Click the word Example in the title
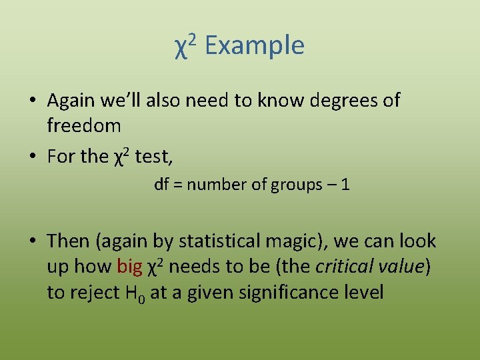[x=255, y=46]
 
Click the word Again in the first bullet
[x=73, y=101]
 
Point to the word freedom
[x=84, y=125]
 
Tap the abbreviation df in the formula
[x=161, y=185]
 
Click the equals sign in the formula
[x=177, y=185]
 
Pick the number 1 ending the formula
[x=345, y=185]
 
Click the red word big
[x=129, y=267]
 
